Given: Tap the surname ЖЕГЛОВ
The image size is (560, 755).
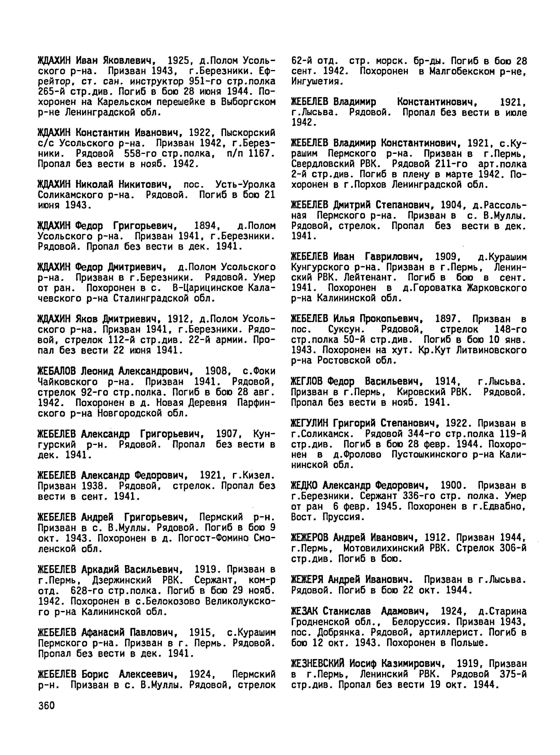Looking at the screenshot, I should click(308, 382).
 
